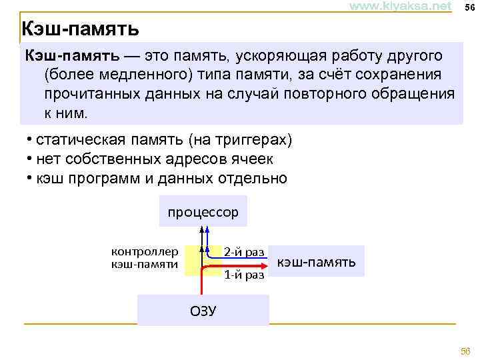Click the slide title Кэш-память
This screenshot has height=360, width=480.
click(x=80, y=29)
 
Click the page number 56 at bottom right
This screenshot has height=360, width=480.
click(x=465, y=351)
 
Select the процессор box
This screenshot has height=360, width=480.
click(x=203, y=212)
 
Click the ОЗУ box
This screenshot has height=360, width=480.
click(x=203, y=311)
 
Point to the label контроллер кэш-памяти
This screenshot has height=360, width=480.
click(x=145, y=258)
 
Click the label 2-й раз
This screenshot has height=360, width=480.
click(x=244, y=252)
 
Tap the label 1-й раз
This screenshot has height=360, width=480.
click(x=244, y=274)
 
